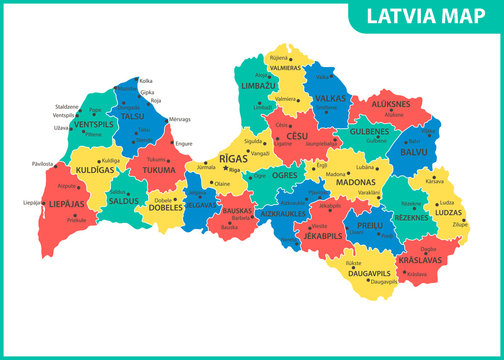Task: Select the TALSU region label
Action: click(x=134, y=116)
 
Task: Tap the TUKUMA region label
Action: click(x=158, y=170)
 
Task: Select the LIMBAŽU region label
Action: click(x=258, y=87)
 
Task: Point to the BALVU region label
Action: click(x=413, y=152)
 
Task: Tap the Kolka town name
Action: click(x=146, y=81)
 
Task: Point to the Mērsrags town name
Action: click(x=182, y=120)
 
